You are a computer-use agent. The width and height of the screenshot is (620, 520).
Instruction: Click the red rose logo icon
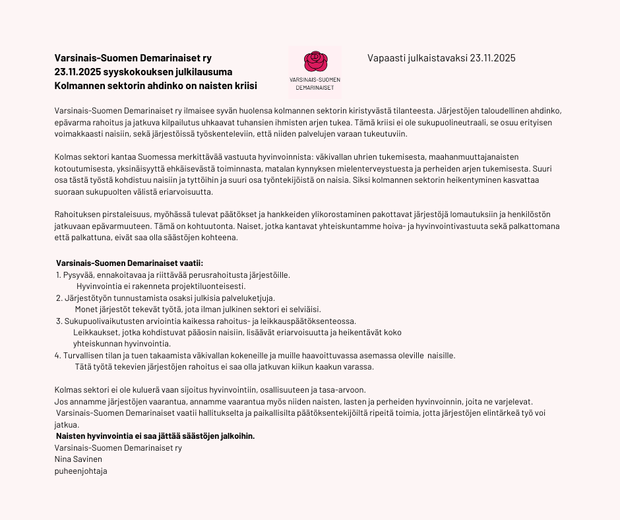pyautogui.click(x=315, y=62)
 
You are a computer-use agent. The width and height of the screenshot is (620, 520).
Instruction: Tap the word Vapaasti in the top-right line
pyautogui.click(x=385, y=58)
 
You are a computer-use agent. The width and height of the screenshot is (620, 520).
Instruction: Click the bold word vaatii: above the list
pyautogui.click(x=187, y=263)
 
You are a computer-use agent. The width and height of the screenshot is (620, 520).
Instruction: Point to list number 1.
pyautogui.click(x=58, y=275)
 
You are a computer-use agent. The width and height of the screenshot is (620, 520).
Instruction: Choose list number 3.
pyautogui.click(x=59, y=321)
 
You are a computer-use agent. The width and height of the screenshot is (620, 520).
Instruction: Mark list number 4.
pyautogui.click(x=57, y=356)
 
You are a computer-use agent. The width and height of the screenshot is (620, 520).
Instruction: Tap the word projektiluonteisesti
pyautogui.click(x=208, y=286)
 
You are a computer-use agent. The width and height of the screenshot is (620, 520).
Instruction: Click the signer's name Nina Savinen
pyautogui.click(x=78, y=459)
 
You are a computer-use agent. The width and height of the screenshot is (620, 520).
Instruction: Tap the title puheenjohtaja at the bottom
pyautogui.click(x=80, y=471)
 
